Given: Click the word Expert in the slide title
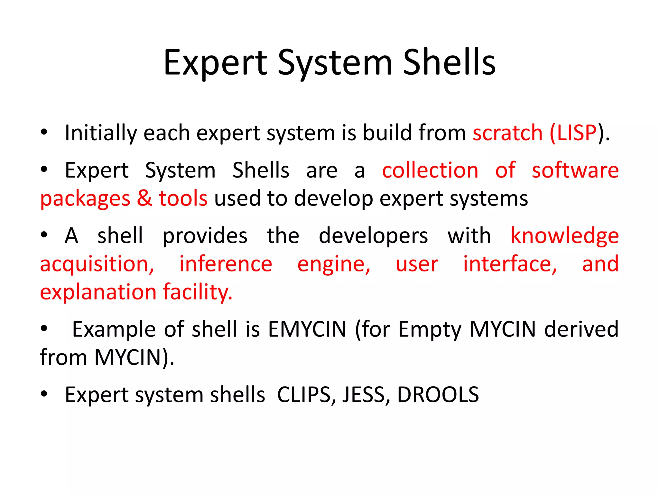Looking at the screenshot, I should click(215, 63).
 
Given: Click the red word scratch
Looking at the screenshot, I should click(507, 133).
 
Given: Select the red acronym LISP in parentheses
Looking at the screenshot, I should click(577, 133).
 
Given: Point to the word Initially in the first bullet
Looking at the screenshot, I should click(100, 133).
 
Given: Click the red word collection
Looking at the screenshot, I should click(430, 170).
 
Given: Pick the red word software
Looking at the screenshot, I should click(575, 170).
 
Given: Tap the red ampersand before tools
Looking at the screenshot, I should click(144, 198).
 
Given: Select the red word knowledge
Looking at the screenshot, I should click(565, 236).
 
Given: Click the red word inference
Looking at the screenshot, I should click(226, 264).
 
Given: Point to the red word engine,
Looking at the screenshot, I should click(334, 265).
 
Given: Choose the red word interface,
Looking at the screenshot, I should click(510, 264).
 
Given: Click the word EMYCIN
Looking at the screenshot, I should click(307, 329).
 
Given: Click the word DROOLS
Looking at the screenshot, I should click(438, 395).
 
